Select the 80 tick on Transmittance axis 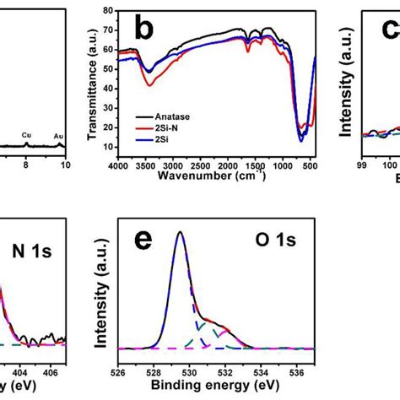coord(107,12)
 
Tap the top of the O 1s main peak coord(179,233)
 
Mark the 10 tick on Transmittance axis coord(107,147)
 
